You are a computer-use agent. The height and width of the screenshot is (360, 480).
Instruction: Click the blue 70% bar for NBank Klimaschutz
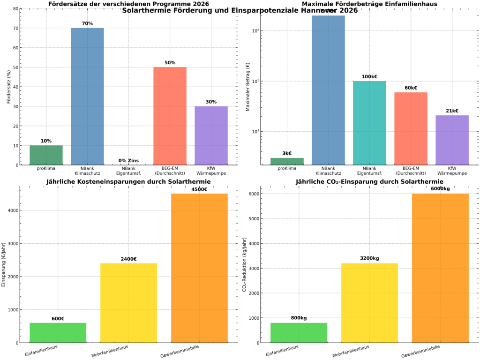point(87,96)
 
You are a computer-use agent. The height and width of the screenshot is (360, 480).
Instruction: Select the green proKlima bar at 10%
point(46,155)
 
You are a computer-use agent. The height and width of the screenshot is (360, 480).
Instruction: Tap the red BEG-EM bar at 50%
point(170,116)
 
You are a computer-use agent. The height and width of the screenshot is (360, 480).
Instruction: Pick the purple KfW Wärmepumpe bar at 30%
point(211,135)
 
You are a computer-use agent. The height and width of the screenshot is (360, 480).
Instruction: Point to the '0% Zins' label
point(128,161)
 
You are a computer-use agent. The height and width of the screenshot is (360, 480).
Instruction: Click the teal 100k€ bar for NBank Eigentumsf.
point(369,123)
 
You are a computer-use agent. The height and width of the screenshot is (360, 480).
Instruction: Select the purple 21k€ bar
point(452,140)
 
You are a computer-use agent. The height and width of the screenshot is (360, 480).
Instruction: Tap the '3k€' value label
point(287,153)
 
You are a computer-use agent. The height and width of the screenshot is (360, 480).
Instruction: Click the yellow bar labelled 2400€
point(128,303)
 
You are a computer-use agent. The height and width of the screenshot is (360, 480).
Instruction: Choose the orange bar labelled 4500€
point(199,268)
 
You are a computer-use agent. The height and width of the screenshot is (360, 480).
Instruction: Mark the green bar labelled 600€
point(58,333)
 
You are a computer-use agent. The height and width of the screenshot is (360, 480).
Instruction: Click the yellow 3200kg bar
point(369,303)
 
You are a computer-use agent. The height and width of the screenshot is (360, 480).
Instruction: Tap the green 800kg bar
point(299,333)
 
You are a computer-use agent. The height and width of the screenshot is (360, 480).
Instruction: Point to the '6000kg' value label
point(440,188)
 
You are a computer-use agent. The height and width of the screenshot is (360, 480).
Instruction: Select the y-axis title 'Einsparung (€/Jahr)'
point(4,264)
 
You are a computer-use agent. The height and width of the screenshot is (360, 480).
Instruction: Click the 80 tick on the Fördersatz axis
point(16,9)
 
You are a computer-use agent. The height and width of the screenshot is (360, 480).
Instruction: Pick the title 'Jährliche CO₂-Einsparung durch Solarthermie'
point(369,181)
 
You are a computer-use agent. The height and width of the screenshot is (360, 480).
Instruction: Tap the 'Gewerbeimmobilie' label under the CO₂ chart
point(420,350)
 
